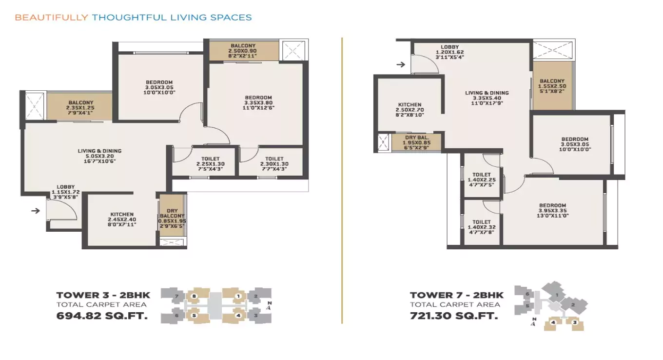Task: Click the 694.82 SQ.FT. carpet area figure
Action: click(x=102, y=316)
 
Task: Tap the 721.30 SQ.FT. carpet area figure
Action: click(x=454, y=316)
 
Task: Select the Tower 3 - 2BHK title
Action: click(x=103, y=295)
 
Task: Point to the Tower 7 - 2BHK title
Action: click(x=456, y=295)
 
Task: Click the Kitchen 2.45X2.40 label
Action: click(x=122, y=220)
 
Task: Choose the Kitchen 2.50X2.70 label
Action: click(x=409, y=110)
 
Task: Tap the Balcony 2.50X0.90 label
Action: click(x=243, y=51)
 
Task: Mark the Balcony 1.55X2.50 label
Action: click(x=552, y=86)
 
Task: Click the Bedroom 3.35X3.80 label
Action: click(x=258, y=102)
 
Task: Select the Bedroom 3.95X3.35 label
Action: click(x=552, y=210)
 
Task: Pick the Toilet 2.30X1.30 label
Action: click(x=274, y=163)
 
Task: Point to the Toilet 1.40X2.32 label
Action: click(x=482, y=227)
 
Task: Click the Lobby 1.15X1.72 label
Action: click(x=65, y=192)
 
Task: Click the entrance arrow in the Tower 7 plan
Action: click(x=401, y=64)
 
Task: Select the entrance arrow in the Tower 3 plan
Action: click(x=35, y=211)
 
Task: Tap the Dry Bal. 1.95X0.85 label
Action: click(x=417, y=142)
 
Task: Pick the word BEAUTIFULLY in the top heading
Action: click(x=51, y=18)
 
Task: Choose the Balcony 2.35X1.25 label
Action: click(x=80, y=107)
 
